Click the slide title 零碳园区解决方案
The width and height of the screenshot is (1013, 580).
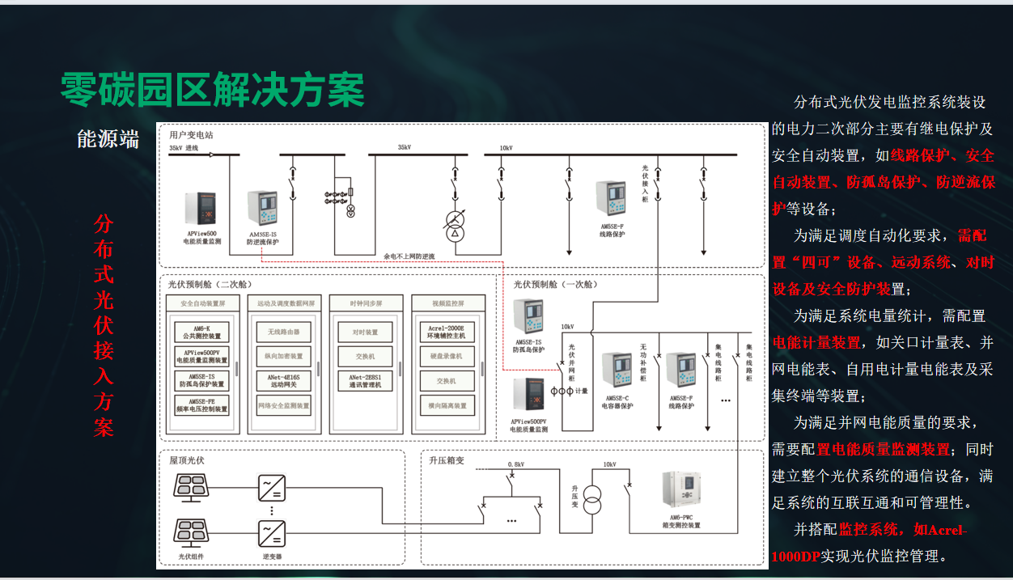tap(212, 90)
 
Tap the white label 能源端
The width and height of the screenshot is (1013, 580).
tap(108, 139)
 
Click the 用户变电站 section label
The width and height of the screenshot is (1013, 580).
tap(191, 135)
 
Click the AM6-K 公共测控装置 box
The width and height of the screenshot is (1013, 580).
tap(202, 332)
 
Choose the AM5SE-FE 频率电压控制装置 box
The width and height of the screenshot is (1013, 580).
tap(202, 405)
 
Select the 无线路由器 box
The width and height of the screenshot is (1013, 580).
tap(283, 332)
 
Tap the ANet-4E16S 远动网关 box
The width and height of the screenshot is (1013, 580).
tap(283, 381)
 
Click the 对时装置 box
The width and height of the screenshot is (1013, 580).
tap(365, 332)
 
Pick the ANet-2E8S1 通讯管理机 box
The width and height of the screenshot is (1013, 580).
tap(365, 381)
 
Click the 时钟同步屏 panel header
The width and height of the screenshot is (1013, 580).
tap(365, 303)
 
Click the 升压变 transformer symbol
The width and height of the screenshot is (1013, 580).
tap(593, 500)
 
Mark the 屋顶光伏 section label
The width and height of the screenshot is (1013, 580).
tap(187, 460)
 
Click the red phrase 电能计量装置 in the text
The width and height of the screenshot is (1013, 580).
tap(816, 342)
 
